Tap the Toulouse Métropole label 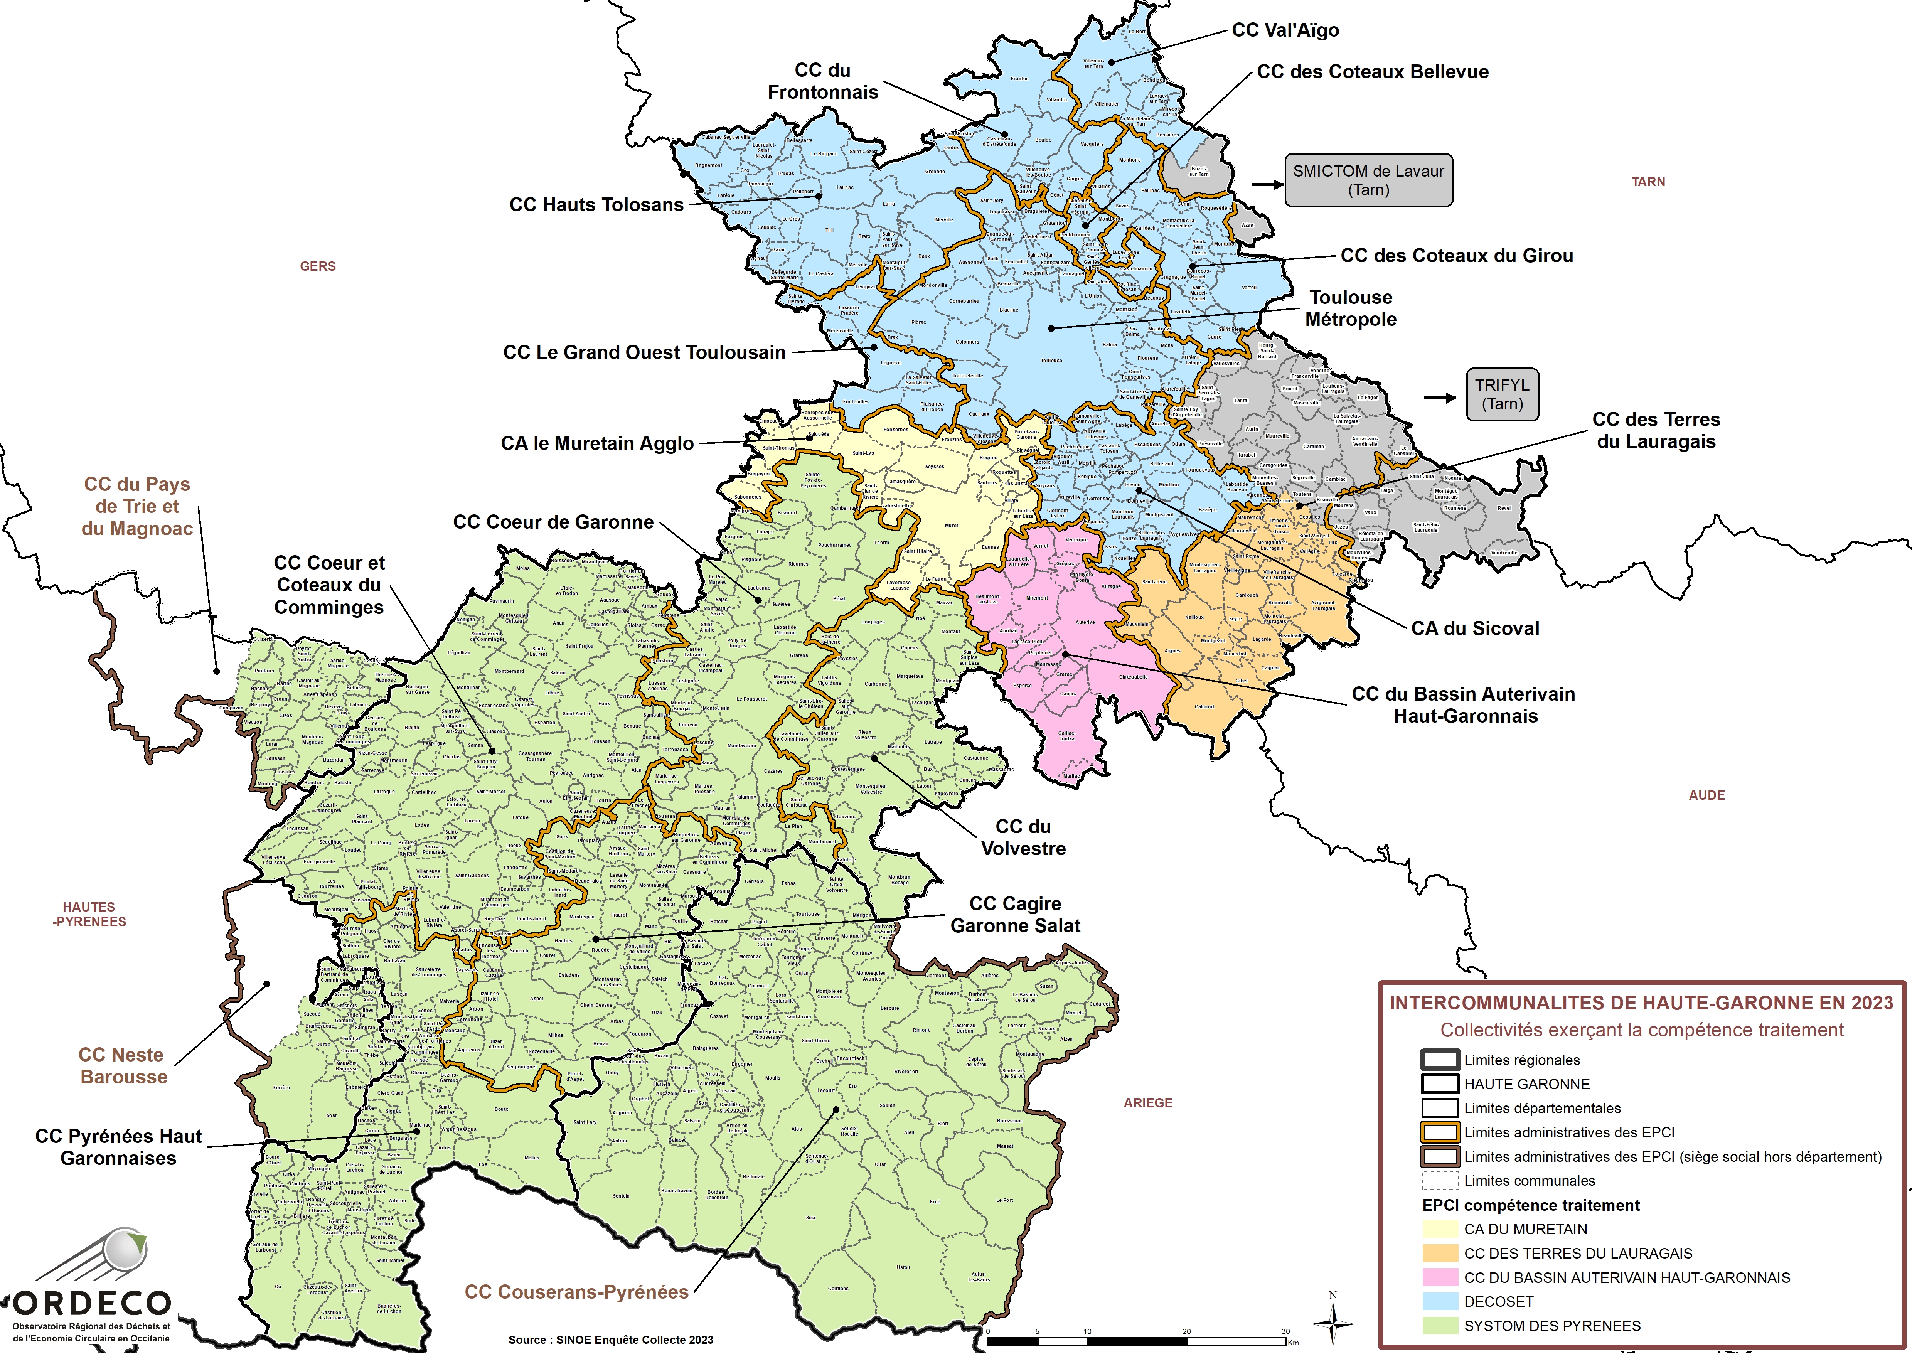(x=1351, y=308)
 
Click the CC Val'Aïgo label (x=1285, y=30)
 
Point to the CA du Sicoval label (x=1475, y=628)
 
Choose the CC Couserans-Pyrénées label (x=576, y=1291)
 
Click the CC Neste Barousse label (x=123, y=1066)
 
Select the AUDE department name (x=1706, y=795)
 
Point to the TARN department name (x=1648, y=182)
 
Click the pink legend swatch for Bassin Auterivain (x=1440, y=1277)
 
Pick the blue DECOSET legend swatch (x=1440, y=1301)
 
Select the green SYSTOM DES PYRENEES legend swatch (x=1440, y=1326)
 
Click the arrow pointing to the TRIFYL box (x=1439, y=398)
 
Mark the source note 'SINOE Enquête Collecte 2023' (x=611, y=1340)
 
